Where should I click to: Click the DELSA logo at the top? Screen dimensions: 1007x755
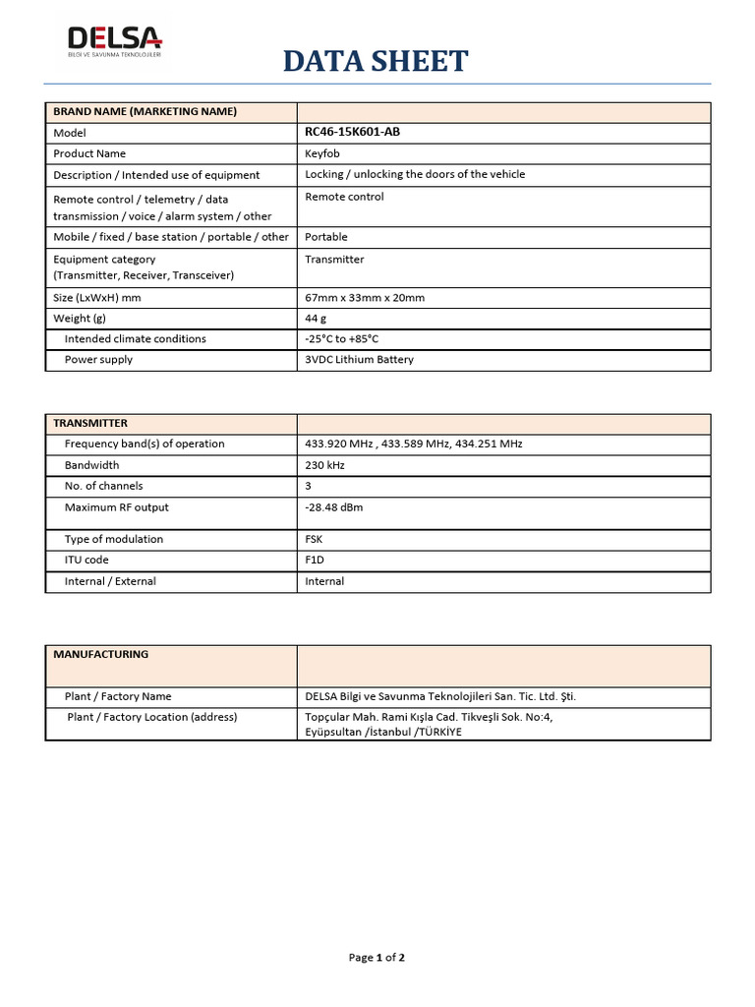coord(114,41)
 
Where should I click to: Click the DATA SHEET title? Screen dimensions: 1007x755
coord(376,61)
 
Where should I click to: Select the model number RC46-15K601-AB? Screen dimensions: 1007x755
coord(352,132)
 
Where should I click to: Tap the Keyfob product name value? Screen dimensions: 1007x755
coord(322,153)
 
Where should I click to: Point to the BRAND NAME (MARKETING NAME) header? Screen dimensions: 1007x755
coord(145,111)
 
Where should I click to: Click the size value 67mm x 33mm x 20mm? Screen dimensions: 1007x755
coord(365,297)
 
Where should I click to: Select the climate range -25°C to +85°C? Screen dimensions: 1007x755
coord(341,338)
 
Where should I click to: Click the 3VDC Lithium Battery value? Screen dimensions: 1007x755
coord(359,359)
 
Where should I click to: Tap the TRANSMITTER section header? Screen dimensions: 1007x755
coord(90,423)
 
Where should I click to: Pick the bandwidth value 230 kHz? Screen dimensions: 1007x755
coord(325,465)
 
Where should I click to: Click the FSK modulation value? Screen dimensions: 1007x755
coord(314,539)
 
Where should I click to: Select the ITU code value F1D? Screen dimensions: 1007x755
coord(315,560)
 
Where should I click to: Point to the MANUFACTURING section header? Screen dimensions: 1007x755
coord(100,654)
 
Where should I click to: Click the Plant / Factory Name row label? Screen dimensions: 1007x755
coord(118,696)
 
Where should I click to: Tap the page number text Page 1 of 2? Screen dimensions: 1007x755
coord(377,958)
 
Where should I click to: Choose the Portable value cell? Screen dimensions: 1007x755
coord(325,237)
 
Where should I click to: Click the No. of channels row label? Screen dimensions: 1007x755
coord(103,486)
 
